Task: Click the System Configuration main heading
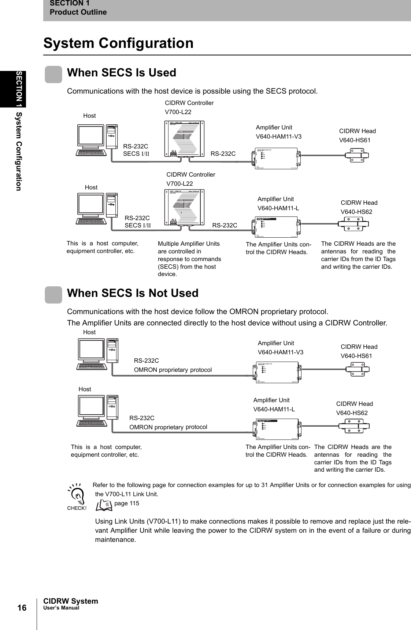pos(118,43)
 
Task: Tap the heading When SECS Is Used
pos(121,73)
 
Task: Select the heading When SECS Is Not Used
pos(133,293)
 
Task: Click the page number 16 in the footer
pos(22,608)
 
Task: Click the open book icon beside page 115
pos(104,505)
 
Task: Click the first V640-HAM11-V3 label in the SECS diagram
pos(278,137)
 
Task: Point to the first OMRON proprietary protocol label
pos(173,370)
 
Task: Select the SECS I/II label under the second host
pos(137,225)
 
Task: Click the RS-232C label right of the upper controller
pos(223,154)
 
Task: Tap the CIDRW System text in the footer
pos(71,601)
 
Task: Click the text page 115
pos(127,503)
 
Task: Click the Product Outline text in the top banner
pos(78,12)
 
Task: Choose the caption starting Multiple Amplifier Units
pos(189,259)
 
